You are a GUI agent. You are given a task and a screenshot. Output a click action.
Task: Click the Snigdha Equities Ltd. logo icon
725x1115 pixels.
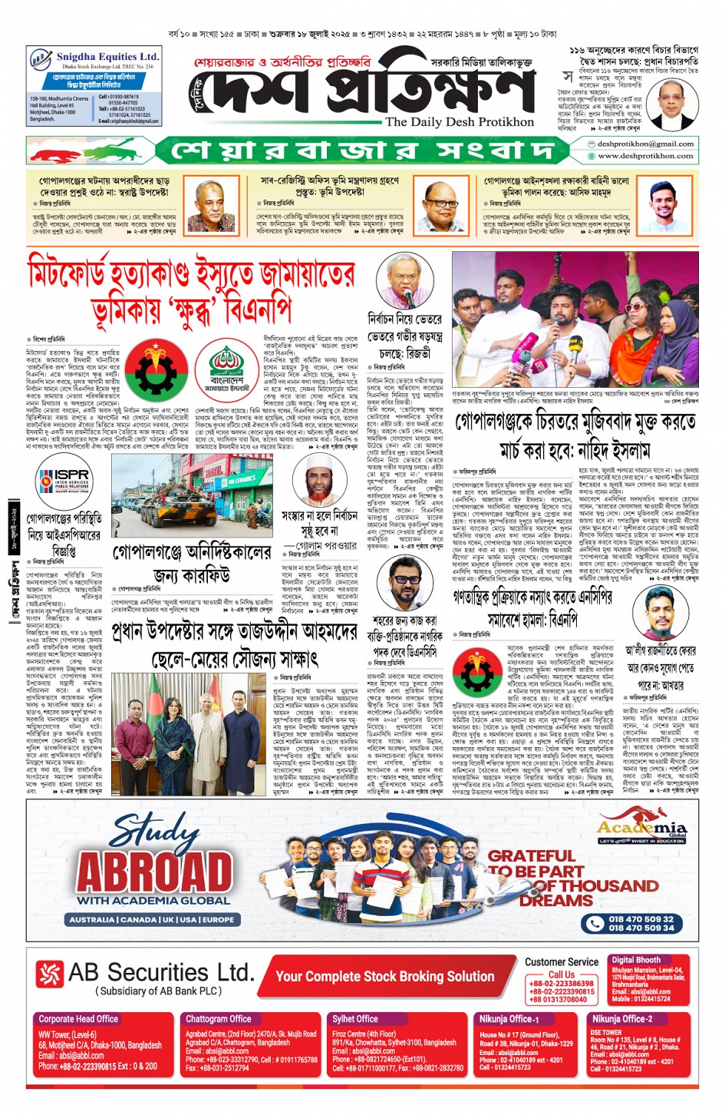41,60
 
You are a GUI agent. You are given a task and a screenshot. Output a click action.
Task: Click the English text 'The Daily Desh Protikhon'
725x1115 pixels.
460,122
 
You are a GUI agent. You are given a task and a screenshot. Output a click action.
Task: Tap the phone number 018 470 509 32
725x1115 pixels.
641,918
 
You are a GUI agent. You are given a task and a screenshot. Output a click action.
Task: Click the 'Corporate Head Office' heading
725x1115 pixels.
78,1019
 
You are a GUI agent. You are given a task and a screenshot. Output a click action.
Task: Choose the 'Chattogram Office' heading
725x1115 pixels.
219,1019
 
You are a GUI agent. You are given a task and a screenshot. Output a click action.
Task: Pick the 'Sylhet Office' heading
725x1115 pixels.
354,1019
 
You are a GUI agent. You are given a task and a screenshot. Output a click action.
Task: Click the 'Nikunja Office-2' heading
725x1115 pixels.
621,1019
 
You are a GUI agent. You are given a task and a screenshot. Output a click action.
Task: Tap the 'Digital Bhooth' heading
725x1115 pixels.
636,960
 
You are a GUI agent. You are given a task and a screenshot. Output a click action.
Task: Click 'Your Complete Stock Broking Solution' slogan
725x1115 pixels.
384,977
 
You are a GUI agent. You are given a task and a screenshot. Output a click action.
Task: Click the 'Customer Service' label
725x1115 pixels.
561,961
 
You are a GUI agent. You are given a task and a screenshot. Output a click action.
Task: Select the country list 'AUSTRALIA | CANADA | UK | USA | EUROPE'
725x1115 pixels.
152,919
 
